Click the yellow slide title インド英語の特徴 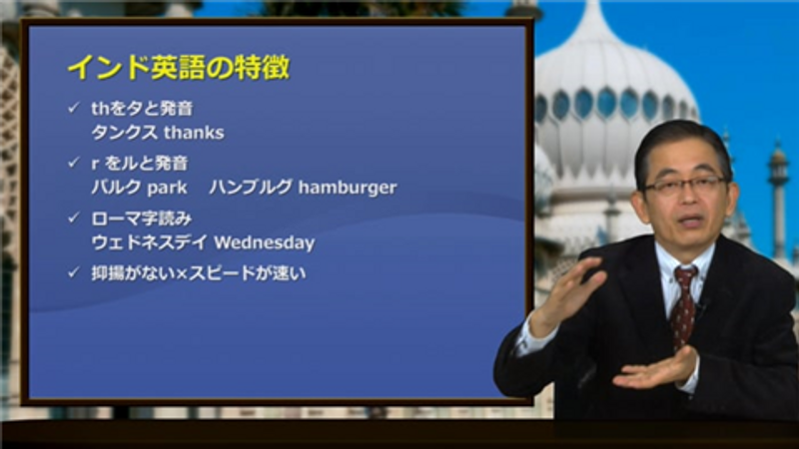179,67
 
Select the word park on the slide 167,189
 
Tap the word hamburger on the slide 348,188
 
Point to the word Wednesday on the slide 265,242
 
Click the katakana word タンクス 124,133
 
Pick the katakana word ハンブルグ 251,188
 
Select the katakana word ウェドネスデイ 150,242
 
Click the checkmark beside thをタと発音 74,108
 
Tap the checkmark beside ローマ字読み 74,218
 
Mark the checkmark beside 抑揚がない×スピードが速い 74,272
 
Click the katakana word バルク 116,188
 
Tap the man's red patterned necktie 683,305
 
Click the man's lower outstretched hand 656,369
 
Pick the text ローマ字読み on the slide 142,219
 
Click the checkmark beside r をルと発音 74,163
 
